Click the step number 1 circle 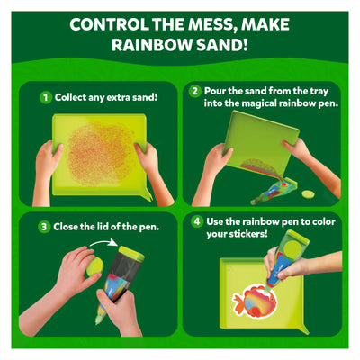(x=46, y=97)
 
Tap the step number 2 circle (x=195, y=91)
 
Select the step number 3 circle (x=44, y=227)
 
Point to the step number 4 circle (x=197, y=222)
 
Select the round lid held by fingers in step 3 (x=95, y=267)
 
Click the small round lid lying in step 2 (x=308, y=194)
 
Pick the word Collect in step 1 (x=70, y=97)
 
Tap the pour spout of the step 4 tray (x=303, y=328)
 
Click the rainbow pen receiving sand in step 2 (x=275, y=192)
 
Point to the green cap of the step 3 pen (x=131, y=254)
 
